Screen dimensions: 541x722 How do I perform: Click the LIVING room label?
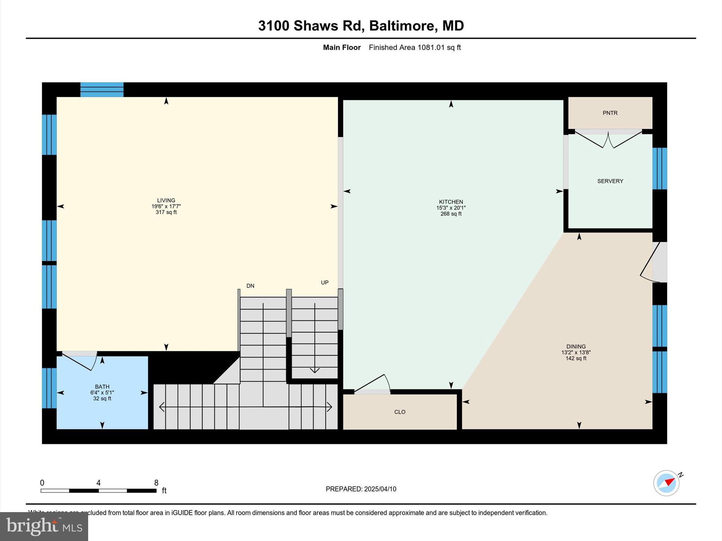(x=166, y=200)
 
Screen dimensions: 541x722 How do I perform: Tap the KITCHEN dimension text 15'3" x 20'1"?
(x=451, y=208)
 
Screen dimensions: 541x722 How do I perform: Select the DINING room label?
(x=576, y=347)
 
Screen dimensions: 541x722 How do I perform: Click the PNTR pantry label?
(x=610, y=113)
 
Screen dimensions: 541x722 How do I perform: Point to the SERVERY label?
(x=610, y=181)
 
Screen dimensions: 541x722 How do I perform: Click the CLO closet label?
(x=400, y=412)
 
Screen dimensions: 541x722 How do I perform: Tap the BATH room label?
(x=102, y=387)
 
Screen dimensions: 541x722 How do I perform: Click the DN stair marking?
(x=250, y=286)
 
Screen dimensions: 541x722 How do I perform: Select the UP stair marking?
(x=325, y=282)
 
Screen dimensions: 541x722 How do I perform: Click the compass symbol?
(x=666, y=483)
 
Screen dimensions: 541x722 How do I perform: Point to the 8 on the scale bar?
(x=156, y=483)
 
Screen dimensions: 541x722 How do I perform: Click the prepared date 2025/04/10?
(x=380, y=489)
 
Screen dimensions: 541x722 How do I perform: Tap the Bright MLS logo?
(x=44, y=526)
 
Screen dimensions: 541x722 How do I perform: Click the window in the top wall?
(x=102, y=89)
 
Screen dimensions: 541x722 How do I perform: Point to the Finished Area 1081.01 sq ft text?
(x=415, y=48)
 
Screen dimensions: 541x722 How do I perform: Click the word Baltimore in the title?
(x=402, y=26)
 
